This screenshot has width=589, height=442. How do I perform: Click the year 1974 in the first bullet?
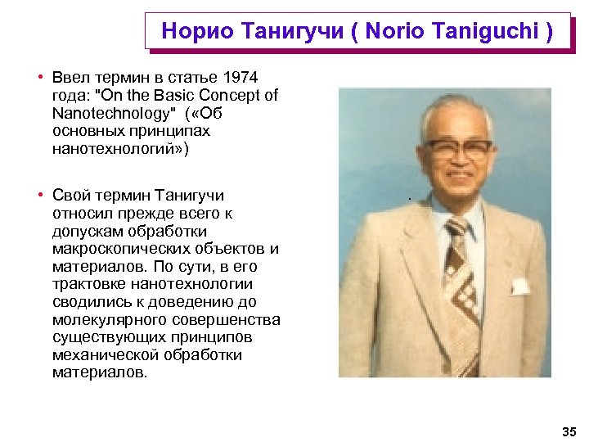(x=241, y=78)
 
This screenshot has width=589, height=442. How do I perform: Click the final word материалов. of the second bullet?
(x=100, y=372)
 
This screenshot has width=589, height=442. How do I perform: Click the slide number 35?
(x=569, y=431)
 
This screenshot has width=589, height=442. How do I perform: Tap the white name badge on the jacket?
(x=519, y=286)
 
